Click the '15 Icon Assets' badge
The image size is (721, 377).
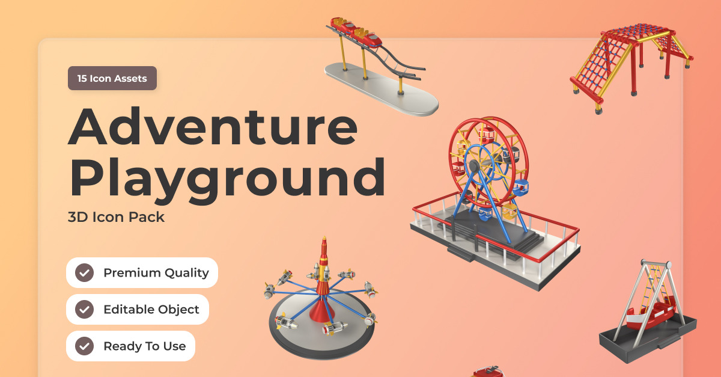point(112,78)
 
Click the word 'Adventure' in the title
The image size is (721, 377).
point(213,127)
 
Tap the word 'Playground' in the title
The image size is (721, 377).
point(227,179)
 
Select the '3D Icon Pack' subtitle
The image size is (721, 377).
point(116,217)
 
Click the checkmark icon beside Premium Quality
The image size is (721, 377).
point(84,272)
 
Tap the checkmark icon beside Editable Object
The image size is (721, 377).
point(84,309)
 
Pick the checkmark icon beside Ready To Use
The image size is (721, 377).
point(84,346)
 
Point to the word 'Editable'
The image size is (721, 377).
point(129,309)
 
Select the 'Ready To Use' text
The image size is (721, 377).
point(145,346)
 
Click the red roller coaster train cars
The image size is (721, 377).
point(356,32)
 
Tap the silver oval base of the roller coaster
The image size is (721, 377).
point(382,89)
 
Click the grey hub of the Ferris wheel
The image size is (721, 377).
point(473,166)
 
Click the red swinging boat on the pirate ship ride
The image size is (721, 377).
point(650,315)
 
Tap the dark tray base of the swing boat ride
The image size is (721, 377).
point(647,342)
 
